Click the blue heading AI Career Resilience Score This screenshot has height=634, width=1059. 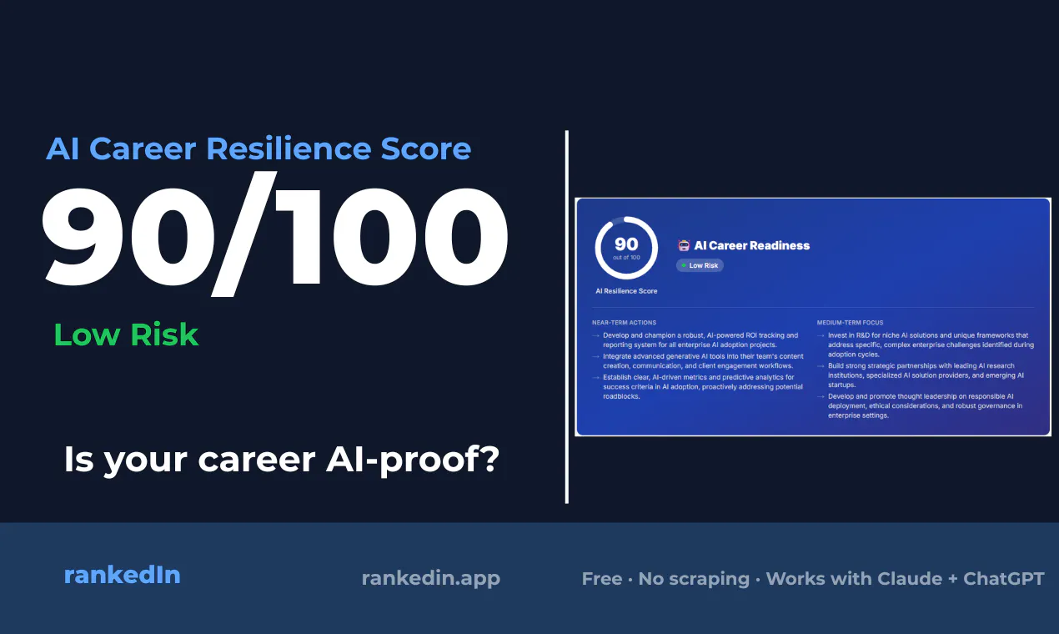click(x=258, y=148)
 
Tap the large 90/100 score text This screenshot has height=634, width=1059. click(x=274, y=234)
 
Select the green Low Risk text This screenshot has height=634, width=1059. click(x=126, y=335)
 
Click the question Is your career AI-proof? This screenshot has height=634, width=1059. click(x=282, y=460)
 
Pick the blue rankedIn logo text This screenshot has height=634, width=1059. click(x=123, y=575)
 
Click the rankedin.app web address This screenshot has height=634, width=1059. click(x=431, y=578)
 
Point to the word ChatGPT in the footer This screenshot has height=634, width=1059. click(x=1004, y=578)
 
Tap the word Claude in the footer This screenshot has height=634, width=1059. click(x=910, y=578)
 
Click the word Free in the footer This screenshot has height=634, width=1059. click(x=602, y=578)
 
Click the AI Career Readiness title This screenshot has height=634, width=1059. click(x=751, y=245)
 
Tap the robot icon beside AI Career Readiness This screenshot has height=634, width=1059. click(x=684, y=245)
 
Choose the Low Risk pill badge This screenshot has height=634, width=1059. click(x=700, y=265)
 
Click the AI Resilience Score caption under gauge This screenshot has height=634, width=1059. click(x=626, y=291)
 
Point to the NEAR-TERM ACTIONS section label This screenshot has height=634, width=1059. click(x=624, y=323)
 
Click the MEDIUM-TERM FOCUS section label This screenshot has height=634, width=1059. click(x=850, y=323)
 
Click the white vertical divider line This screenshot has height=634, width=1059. click(x=567, y=317)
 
